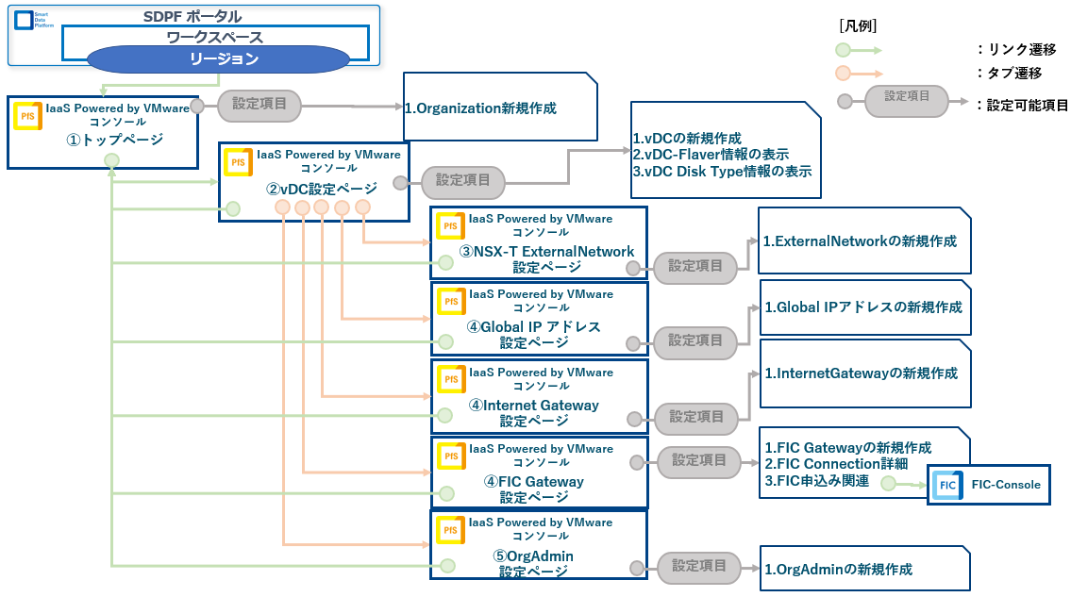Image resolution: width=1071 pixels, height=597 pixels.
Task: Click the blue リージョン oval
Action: pyautogui.click(x=224, y=58)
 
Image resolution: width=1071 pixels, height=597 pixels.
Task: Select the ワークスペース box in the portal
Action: pyautogui.click(x=214, y=38)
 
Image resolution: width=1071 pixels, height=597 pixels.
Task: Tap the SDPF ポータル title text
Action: pyautogui.click(x=192, y=16)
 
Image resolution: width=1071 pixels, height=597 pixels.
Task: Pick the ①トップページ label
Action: pyautogui.click(x=114, y=140)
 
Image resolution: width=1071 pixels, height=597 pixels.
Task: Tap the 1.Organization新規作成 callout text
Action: pyautogui.click(x=480, y=108)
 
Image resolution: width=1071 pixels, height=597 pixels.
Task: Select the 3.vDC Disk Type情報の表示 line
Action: pyautogui.click(x=722, y=172)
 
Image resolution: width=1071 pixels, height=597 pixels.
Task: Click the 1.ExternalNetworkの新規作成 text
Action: pyautogui.click(x=861, y=241)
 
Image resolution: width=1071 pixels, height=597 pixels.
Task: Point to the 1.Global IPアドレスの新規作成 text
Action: pyautogui.click(x=863, y=307)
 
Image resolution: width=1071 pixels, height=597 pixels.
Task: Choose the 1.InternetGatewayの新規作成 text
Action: pyautogui.click(x=861, y=373)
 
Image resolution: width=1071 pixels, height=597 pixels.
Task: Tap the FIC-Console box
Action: pyautogui.click(x=989, y=485)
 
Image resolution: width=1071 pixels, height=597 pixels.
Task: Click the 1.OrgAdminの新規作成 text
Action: pyautogui.click(x=838, y=570)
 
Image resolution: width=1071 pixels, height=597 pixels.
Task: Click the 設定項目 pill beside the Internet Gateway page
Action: pyautogui.click(x=696, y=416)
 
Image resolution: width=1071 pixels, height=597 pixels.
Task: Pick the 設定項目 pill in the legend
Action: pyautogui.click(x=906, y=97)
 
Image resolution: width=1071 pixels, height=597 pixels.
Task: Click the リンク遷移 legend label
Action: pyautogui.click(x=1020, y=50)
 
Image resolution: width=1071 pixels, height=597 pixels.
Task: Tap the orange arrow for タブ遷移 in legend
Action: pyautogui.click(x=858, y=74)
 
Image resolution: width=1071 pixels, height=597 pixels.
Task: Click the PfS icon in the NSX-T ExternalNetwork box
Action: pyautogui.click(x=452, y=226)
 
